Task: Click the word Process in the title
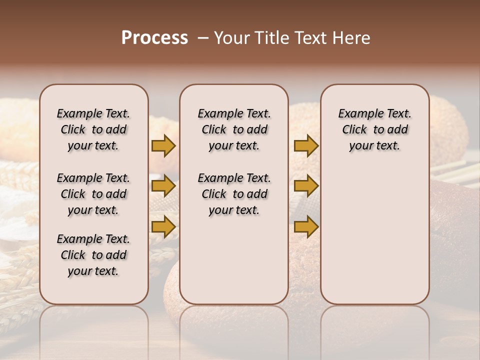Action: [154, 38]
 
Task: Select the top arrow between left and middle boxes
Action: [163, 145]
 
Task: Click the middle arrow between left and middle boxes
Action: [163, 186]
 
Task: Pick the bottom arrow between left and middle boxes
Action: [163, 227]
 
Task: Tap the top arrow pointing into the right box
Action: [306, 145]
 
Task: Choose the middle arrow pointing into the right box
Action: [306, 186]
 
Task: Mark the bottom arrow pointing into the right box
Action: [306, 227]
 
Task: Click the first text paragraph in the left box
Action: [93, 129]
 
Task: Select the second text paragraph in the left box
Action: [93, 194]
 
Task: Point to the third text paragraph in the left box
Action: [93, 255]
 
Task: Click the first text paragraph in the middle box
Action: [234, 129]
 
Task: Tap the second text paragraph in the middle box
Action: [234, 194]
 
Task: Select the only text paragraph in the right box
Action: [374, 129]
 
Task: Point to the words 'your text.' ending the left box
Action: [93, 271]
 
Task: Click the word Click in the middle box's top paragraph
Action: [214, 130]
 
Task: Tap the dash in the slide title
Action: [203, 38]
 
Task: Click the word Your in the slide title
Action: [232, 38]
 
